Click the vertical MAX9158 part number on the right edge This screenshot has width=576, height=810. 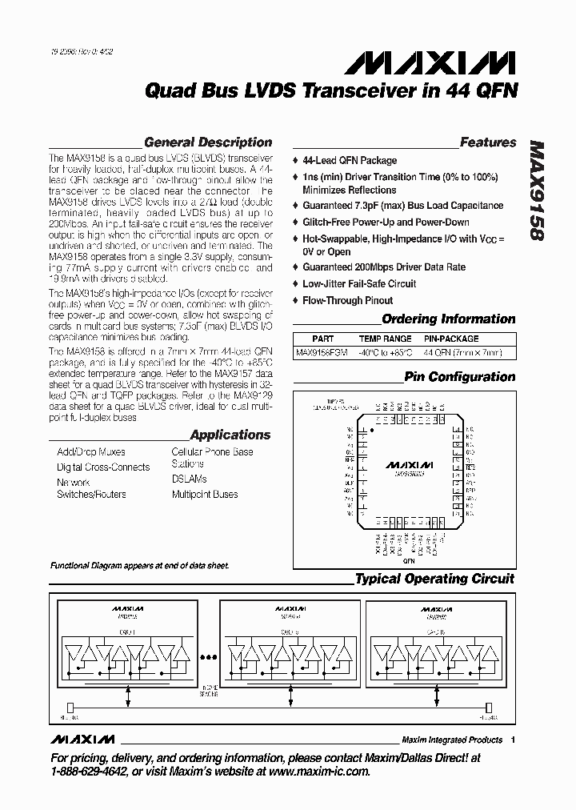(x=538, y=193)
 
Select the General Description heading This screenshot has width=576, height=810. (x=208, y=142)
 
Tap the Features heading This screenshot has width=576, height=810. (x=488, y=142)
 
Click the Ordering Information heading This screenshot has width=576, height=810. (x=448, y=319)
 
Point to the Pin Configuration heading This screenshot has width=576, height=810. (x=460, y=377)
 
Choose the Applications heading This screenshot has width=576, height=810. (x=230, y=435)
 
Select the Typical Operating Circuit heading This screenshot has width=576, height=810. (x=434, y=579)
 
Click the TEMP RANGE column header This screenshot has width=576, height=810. (x=385, y=339)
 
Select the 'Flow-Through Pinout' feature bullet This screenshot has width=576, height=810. (x=347, y=301)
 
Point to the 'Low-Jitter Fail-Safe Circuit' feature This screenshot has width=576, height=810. (x=359, y=284)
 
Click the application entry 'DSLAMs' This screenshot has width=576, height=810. (x=190, y=479)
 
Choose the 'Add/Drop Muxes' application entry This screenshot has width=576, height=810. (x=91, y=452)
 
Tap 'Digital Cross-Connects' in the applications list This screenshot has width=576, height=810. (x=103, y=467)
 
